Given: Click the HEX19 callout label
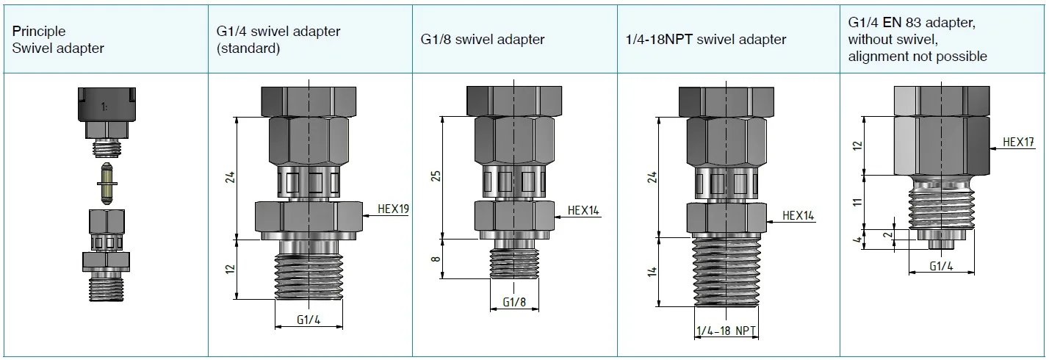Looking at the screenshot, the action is click(x=393, y=209).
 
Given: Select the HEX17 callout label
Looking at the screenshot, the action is click(x=1018, y=142).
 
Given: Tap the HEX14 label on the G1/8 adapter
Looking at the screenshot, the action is click(x=583, y=211).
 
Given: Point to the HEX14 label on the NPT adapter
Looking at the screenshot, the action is click(x=798, y=216).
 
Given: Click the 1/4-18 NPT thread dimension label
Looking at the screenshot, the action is click(x=726, y=331).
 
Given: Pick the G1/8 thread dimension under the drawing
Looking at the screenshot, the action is click(x=514, y=303).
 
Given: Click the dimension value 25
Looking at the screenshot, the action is click(x=436, y=176).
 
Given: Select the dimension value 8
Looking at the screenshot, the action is click(x=436, y=259).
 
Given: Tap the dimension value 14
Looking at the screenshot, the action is click(x=653, y=272).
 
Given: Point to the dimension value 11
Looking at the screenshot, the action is click(x=857, y=202).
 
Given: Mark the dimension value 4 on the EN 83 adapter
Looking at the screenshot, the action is click(x=857, y=240).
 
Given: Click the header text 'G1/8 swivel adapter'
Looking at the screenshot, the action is click(x=483, y=40).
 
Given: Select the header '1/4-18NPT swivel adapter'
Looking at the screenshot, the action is click(x=706, y=40).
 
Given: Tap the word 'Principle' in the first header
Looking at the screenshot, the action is click(x=39, y=32).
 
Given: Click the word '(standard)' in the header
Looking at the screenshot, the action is click(x=248, y=48).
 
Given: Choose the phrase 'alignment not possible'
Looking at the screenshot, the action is click(x=918, y=57).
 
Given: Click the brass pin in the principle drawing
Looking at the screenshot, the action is click(x=107, y=183).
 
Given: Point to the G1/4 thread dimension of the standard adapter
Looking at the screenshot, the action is click(x=309, y=320).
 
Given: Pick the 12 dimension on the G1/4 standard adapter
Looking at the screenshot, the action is click(x=230, y=269).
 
